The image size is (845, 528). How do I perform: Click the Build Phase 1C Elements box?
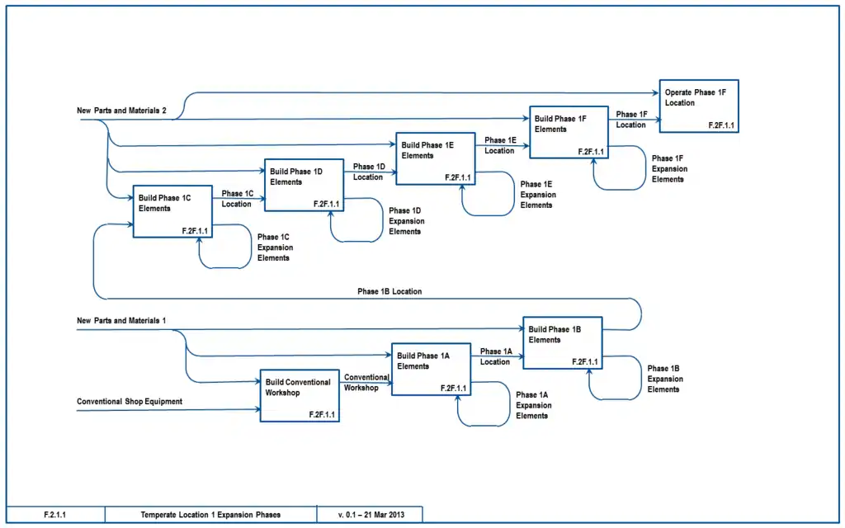(x=173, y=211)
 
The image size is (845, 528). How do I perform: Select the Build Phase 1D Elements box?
(x=304, y=185)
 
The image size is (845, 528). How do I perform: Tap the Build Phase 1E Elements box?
(x=435, y=158)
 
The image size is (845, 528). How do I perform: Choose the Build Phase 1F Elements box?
(x=569, y=132)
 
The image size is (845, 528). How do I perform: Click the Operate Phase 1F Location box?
(x=698, y=106)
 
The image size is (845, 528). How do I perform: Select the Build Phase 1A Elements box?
(x=431, y=370)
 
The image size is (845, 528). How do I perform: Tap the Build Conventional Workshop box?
(x=300, y=396)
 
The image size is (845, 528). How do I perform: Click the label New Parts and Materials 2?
(x=122, y=111)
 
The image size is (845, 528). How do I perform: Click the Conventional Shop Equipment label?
(x=130, y=402)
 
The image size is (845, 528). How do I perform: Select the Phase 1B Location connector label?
(x=389, y=291)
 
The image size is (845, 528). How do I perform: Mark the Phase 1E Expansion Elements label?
(x=537, y=195)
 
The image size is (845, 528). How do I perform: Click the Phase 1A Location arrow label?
(x=497, y=356)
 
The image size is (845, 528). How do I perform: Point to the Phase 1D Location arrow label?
(x=369, y=172)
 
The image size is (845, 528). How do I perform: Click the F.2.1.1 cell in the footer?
(x=55, y=515)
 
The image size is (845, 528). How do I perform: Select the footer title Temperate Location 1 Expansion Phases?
(x=210, y=515)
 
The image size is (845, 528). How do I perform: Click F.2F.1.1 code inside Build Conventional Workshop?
(x=322, y=414)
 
